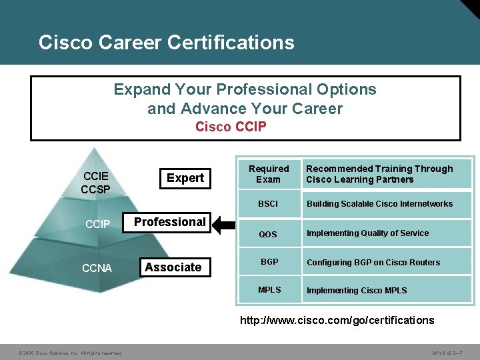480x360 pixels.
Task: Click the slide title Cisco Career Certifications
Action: tap(166, 43)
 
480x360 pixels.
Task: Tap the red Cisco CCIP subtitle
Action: tap(231, 127)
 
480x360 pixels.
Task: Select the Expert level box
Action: tap(185, 178)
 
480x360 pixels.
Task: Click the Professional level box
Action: tap(170, 222)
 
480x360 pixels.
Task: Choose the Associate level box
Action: tap(173, 267)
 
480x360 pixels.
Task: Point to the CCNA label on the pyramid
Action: tap(97, 269)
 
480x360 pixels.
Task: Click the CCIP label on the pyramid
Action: tap(97, 224)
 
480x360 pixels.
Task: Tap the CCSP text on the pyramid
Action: tap(95, 189)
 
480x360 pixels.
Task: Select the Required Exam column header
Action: tap(269, 174)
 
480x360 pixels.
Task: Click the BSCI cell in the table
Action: tap(268, 204)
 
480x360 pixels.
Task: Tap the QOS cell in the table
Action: tap(268, 234)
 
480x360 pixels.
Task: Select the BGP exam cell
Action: tap(269, 262)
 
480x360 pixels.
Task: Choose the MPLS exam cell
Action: tap(269, 290)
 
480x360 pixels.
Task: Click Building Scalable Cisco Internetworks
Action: tap(379, 204)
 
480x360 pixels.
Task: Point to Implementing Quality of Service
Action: tap(367, 233)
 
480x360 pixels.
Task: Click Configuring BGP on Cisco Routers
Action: tap(373, 262)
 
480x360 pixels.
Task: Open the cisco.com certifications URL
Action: tap(337, 321)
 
